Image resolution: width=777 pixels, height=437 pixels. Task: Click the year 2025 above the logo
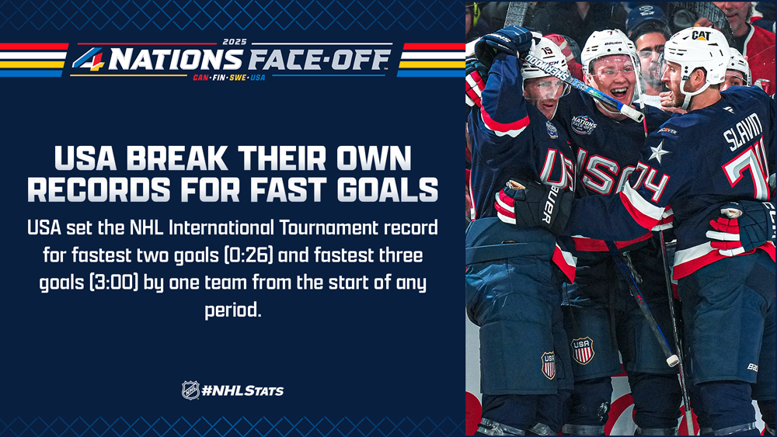235,42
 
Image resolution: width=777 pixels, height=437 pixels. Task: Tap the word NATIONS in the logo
176,60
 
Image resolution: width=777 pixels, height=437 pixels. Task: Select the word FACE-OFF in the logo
319,60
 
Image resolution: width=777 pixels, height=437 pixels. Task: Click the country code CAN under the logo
200,78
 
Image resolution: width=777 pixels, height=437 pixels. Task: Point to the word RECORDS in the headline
99,189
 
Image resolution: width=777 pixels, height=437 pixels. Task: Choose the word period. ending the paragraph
232,310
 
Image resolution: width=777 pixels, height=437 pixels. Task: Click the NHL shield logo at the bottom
190,390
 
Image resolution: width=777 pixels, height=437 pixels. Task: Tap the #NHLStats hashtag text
242,390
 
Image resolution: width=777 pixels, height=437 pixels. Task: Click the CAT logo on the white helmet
701,35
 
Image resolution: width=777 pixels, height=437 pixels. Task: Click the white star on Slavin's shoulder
658,152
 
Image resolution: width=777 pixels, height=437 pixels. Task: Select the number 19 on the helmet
546,50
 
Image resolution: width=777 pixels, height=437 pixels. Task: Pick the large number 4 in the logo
89,59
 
